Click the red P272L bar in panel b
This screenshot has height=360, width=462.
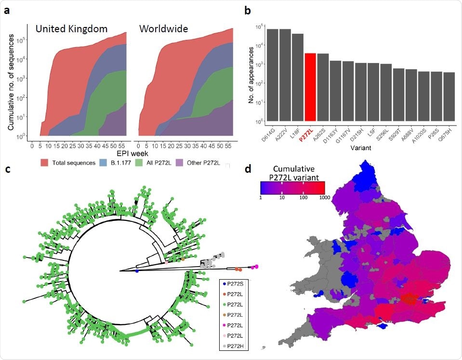310,87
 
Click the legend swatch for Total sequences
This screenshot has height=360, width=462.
45,163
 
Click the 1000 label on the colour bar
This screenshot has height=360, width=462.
319,199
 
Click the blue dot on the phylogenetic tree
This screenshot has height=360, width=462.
137,271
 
